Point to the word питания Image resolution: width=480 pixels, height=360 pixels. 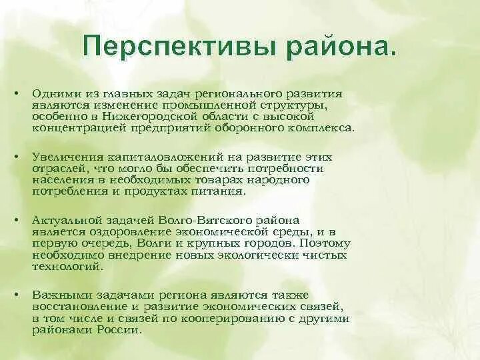click(224, 191)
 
